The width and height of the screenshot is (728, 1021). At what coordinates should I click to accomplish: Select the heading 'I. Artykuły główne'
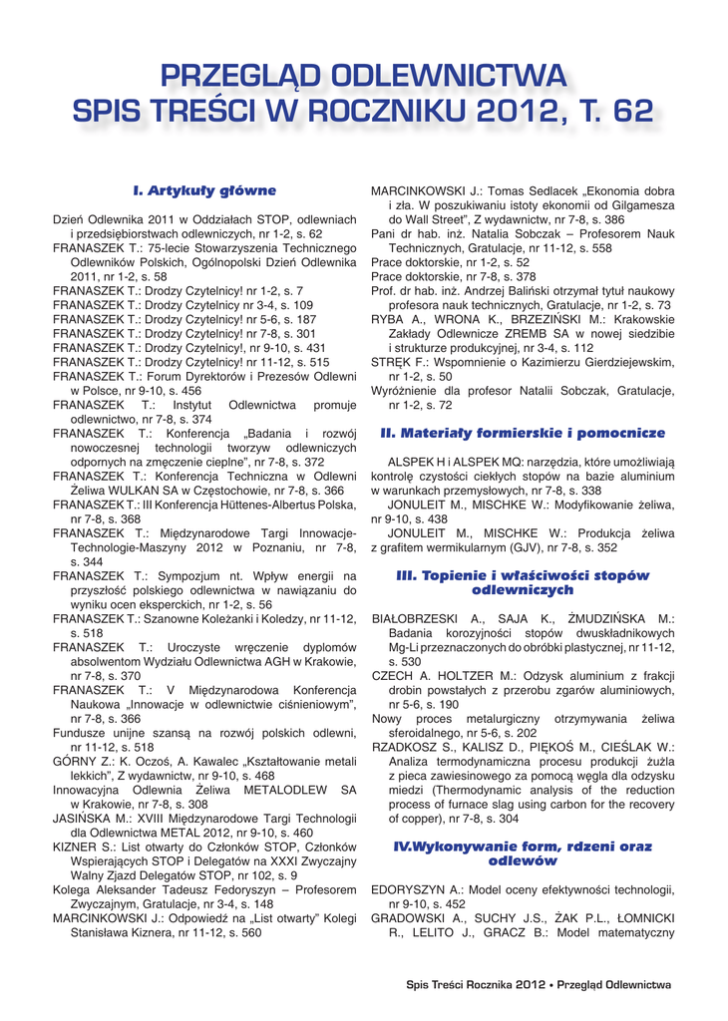tap(204, 189)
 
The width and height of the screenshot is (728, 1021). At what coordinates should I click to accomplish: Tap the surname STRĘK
tap(389, 363)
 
